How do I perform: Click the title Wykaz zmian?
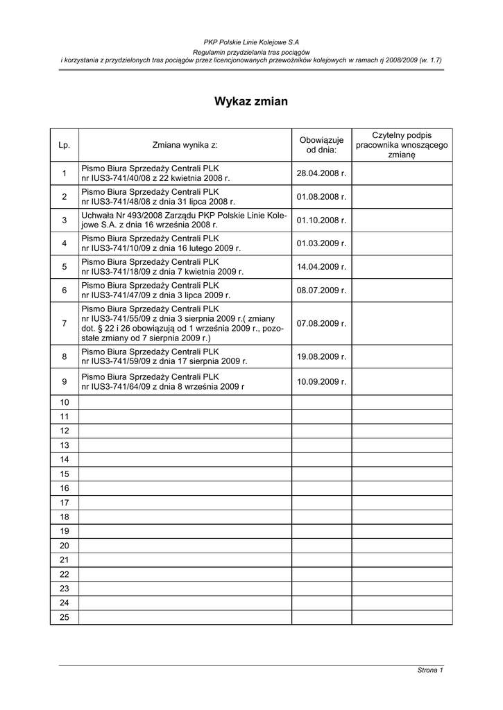[x=251, y=101]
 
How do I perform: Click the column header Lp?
[x=65, y=145]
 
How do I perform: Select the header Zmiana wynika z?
[x=185, y=145]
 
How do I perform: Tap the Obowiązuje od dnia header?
[x=321, y=145]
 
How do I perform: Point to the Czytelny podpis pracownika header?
[x=402, y=145]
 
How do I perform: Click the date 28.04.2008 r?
[x=321, y=173]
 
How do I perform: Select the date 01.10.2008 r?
[x=321, y=220]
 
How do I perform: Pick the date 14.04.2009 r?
[x=321, y=267]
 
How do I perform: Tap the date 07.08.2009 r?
[x=321, y=323]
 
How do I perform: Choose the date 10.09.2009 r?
[x=321, y=381]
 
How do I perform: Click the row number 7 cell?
[x=65, y=323]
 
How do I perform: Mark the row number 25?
[x=65, y=617]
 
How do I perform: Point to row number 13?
[x=65, y=444]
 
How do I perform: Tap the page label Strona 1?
[x=429, y=670]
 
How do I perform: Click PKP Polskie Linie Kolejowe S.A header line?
[x=251, y=43]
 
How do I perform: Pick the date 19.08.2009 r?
[x=321, y=356]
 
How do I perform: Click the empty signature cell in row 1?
[x=402, y=173]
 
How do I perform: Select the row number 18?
[x=65, y=517]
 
